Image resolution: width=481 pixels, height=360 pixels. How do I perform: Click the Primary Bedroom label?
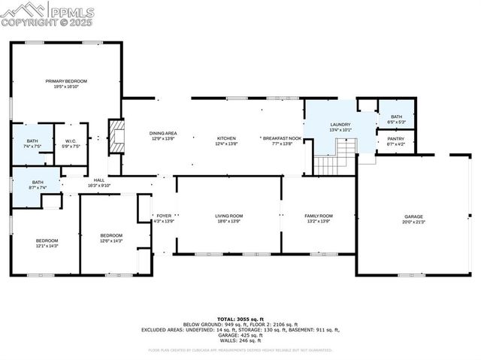66,83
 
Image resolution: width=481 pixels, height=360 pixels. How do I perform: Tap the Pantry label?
395,141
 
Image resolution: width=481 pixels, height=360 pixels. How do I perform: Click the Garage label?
413,219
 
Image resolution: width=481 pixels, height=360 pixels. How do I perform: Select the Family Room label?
318,219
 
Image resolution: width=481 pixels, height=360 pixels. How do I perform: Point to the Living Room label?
228,219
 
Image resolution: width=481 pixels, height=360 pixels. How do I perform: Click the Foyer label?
164,219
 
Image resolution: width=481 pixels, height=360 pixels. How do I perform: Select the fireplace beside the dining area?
116,136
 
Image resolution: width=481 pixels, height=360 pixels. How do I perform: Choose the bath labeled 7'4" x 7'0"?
32,143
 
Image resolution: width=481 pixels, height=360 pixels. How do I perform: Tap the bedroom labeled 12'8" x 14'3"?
111,237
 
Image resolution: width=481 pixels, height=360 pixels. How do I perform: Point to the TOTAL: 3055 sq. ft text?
240,319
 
